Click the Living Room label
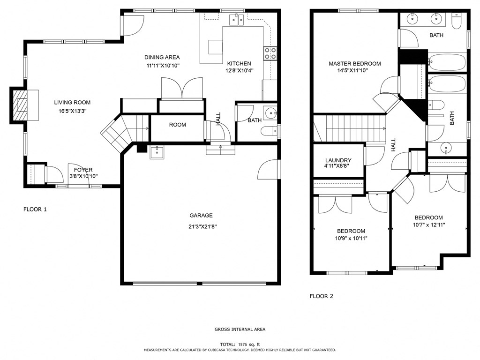tap(72, 102)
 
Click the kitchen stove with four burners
tap(270, 53)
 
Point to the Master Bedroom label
tap(354, 64)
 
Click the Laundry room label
tap(337, 160)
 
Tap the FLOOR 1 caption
tap(35, 210)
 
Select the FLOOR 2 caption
tap(322, 296)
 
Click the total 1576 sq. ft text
tap(240, 344)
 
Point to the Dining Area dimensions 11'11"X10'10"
tap(162, 66)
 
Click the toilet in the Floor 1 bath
tap(270, 131)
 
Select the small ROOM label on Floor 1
tap(178, 125)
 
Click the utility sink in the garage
tap(157, 152)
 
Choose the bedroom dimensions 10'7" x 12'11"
tap(428, 225)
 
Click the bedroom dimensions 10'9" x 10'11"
tap(352, 238)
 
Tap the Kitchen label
tap(239, 64)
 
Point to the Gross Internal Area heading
tap(240, 330)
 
